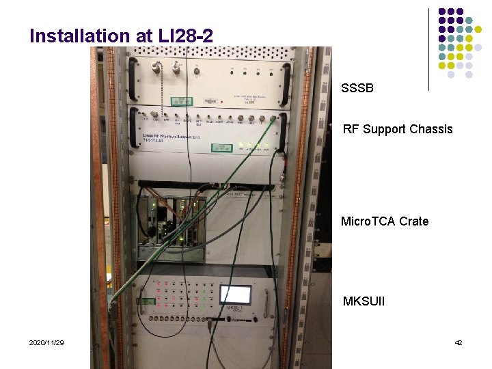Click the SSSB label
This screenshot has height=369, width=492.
pos(357,88)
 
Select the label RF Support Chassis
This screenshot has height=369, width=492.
pos(398,129)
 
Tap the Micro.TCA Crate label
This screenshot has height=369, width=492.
pos(385,221)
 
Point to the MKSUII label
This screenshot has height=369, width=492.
pos(364,301)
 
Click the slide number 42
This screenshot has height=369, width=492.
pos(458,342)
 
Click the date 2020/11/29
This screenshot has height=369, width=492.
pos(46,342)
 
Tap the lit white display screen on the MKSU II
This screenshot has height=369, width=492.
pos(234,295)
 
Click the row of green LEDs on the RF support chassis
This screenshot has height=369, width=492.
pos(253,146)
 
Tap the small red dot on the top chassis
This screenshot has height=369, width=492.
pos(198,66)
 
